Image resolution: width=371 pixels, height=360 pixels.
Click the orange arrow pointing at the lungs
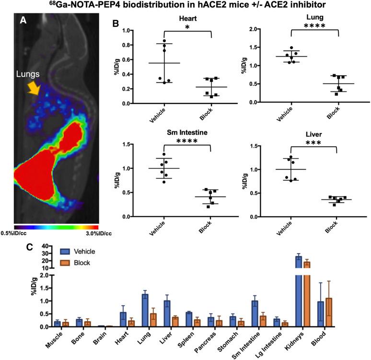34,87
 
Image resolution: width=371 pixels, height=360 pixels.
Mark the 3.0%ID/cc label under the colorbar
87,233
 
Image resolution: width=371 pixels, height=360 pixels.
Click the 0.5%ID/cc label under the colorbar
26,233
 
